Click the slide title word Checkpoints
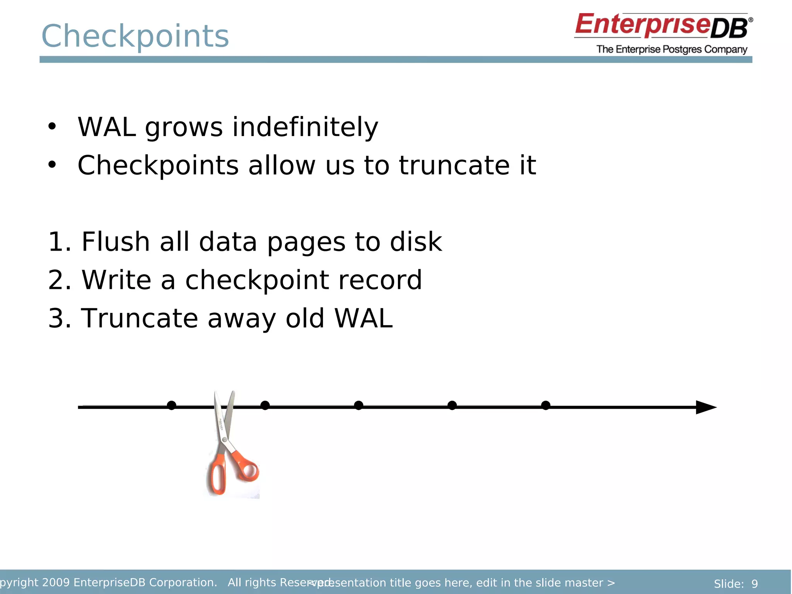pyautogui.click(x=135, y=36)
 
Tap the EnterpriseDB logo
pyautogui.click(x=663, y=26)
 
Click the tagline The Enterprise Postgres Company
pyautogui.click(x=672, y=49)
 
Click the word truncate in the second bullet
pyautogui.click(x=454, y=165)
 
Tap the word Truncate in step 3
pyautogui.click(x=139, y=318)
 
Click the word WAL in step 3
pyautogui.click(x=363, y=318)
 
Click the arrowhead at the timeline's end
pyautogui.click(x=705, y=407)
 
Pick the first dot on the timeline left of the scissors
pyautogui.click(x=172, y=405)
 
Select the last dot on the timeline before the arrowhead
pyautogui.click(x=546, y=405)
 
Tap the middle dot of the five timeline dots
pyautogui.click(x=358, y=405)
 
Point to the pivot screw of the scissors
pyautogui.click(x=225, y=440)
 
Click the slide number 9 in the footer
pyautogui.click(x=754, y=584)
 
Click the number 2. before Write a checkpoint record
pyautogui.click(x=59, y=280)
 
